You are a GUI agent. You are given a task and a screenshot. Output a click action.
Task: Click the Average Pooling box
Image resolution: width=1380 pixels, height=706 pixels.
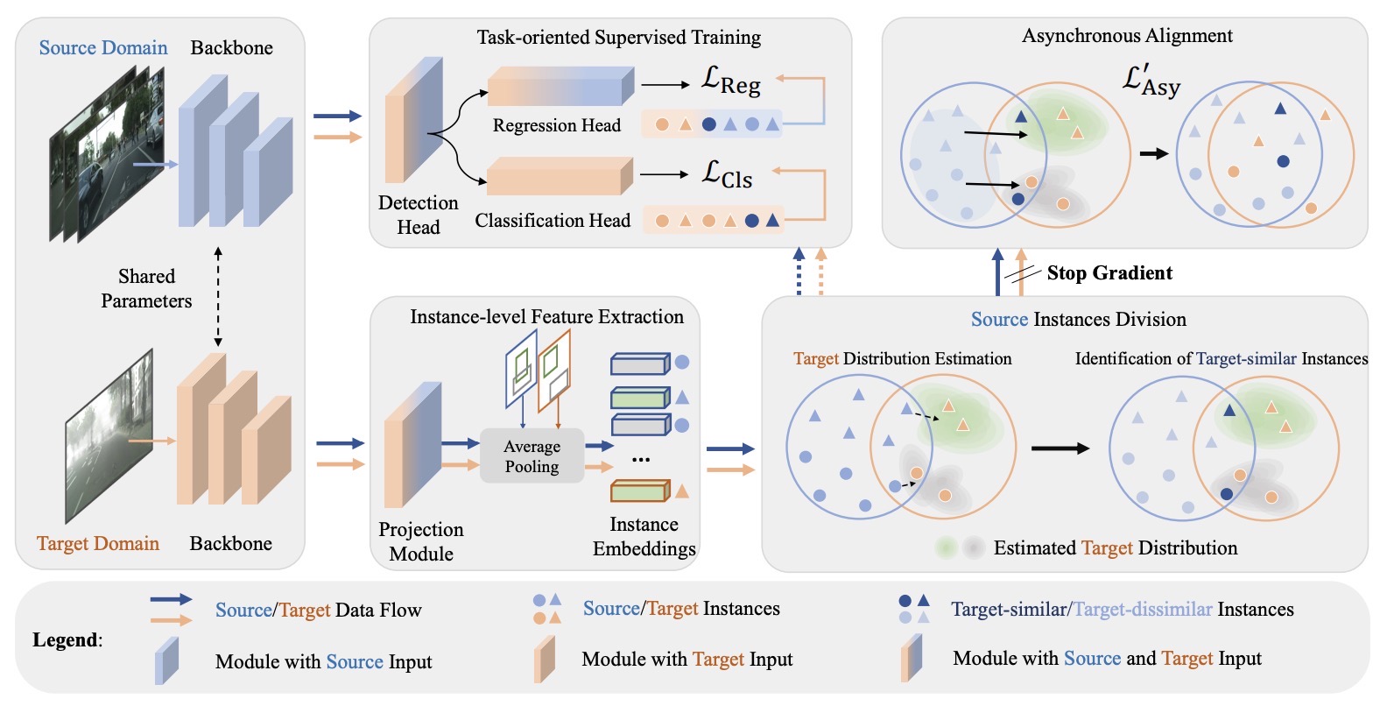pyautogui.click(x=532, y=456)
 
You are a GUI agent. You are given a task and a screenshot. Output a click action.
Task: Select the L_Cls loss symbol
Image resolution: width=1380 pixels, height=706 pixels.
pyautogui.click(x=727, y=174)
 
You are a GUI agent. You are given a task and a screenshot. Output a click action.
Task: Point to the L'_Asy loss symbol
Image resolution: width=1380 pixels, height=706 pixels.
pyautogui.click(x=1151, y=81)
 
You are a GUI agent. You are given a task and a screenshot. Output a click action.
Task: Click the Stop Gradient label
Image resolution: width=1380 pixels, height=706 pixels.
pyautogui.click(x=1109, y=273)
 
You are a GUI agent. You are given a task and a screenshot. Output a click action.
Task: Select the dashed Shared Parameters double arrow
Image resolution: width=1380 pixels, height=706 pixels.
pyautogui.click(x=218, y=297)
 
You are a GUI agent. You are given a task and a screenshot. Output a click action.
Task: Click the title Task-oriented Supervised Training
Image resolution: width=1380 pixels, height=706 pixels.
pyautogui.click(x=618, y=38)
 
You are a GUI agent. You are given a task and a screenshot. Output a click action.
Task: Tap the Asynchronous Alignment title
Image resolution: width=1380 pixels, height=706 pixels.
pyautogui.click(x=1127, y=36)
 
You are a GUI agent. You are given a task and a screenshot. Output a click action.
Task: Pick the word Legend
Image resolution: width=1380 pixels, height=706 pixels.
pyautogui.click(x=67, y=640)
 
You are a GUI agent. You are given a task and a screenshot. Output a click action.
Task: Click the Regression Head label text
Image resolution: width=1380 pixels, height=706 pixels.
pyautogui.click(x=556, y=126)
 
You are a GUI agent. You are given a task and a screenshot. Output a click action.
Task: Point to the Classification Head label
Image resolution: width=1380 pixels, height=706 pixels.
pyautogui.click(x=553, y=221)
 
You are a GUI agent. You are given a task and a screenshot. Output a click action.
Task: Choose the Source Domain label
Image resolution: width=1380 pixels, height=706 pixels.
pyautogui.click(x=103, y=48)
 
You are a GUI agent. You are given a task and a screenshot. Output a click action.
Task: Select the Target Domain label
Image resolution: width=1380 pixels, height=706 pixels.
pyautogui.click(x=98, y=544)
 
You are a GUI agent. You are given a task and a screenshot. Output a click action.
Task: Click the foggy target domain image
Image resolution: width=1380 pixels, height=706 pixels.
pyautogui.click(x=109, y=435)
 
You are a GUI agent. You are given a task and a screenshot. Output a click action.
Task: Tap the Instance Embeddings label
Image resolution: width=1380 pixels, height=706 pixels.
pyautogui.click(x=644, y=536)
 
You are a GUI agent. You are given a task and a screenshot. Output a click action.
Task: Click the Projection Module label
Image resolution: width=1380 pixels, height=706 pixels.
pyautogui.click(x=421, y=541)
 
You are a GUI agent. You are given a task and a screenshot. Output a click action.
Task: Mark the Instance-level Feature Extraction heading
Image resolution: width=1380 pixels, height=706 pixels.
pyautogui.click(x=546, y=317)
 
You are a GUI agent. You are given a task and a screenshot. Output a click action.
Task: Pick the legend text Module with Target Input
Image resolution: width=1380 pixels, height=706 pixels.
pyautogui.click(x=686, y=660)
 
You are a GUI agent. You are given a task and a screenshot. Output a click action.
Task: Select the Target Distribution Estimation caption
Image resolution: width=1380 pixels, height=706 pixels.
pyautogui.click(x=902, y=359)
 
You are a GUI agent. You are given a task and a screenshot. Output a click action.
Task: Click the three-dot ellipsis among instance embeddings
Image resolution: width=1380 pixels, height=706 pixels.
pyautogui.click(x=641, y=459)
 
